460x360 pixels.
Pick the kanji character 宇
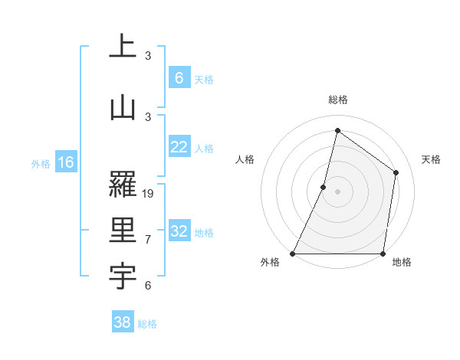pos(123,279)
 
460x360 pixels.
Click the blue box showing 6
pos(179,78)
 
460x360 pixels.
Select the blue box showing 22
pos(179,148)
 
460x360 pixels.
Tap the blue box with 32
pos(179,232)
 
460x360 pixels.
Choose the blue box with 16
pos(65,162)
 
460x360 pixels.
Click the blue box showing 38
pos(123,323)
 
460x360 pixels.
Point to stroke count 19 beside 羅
pos(149,194)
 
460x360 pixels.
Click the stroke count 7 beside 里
pos(148,240)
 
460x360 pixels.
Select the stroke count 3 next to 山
pos(148,116)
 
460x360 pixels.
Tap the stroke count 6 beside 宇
pos(148,286)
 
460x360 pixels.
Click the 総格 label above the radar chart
pos(338,100)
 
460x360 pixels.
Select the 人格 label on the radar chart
pos(245,159)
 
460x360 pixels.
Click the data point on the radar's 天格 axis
pos(396,172)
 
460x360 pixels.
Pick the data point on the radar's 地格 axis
pos(383,254)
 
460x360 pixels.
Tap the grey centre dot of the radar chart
pos(338,191)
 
